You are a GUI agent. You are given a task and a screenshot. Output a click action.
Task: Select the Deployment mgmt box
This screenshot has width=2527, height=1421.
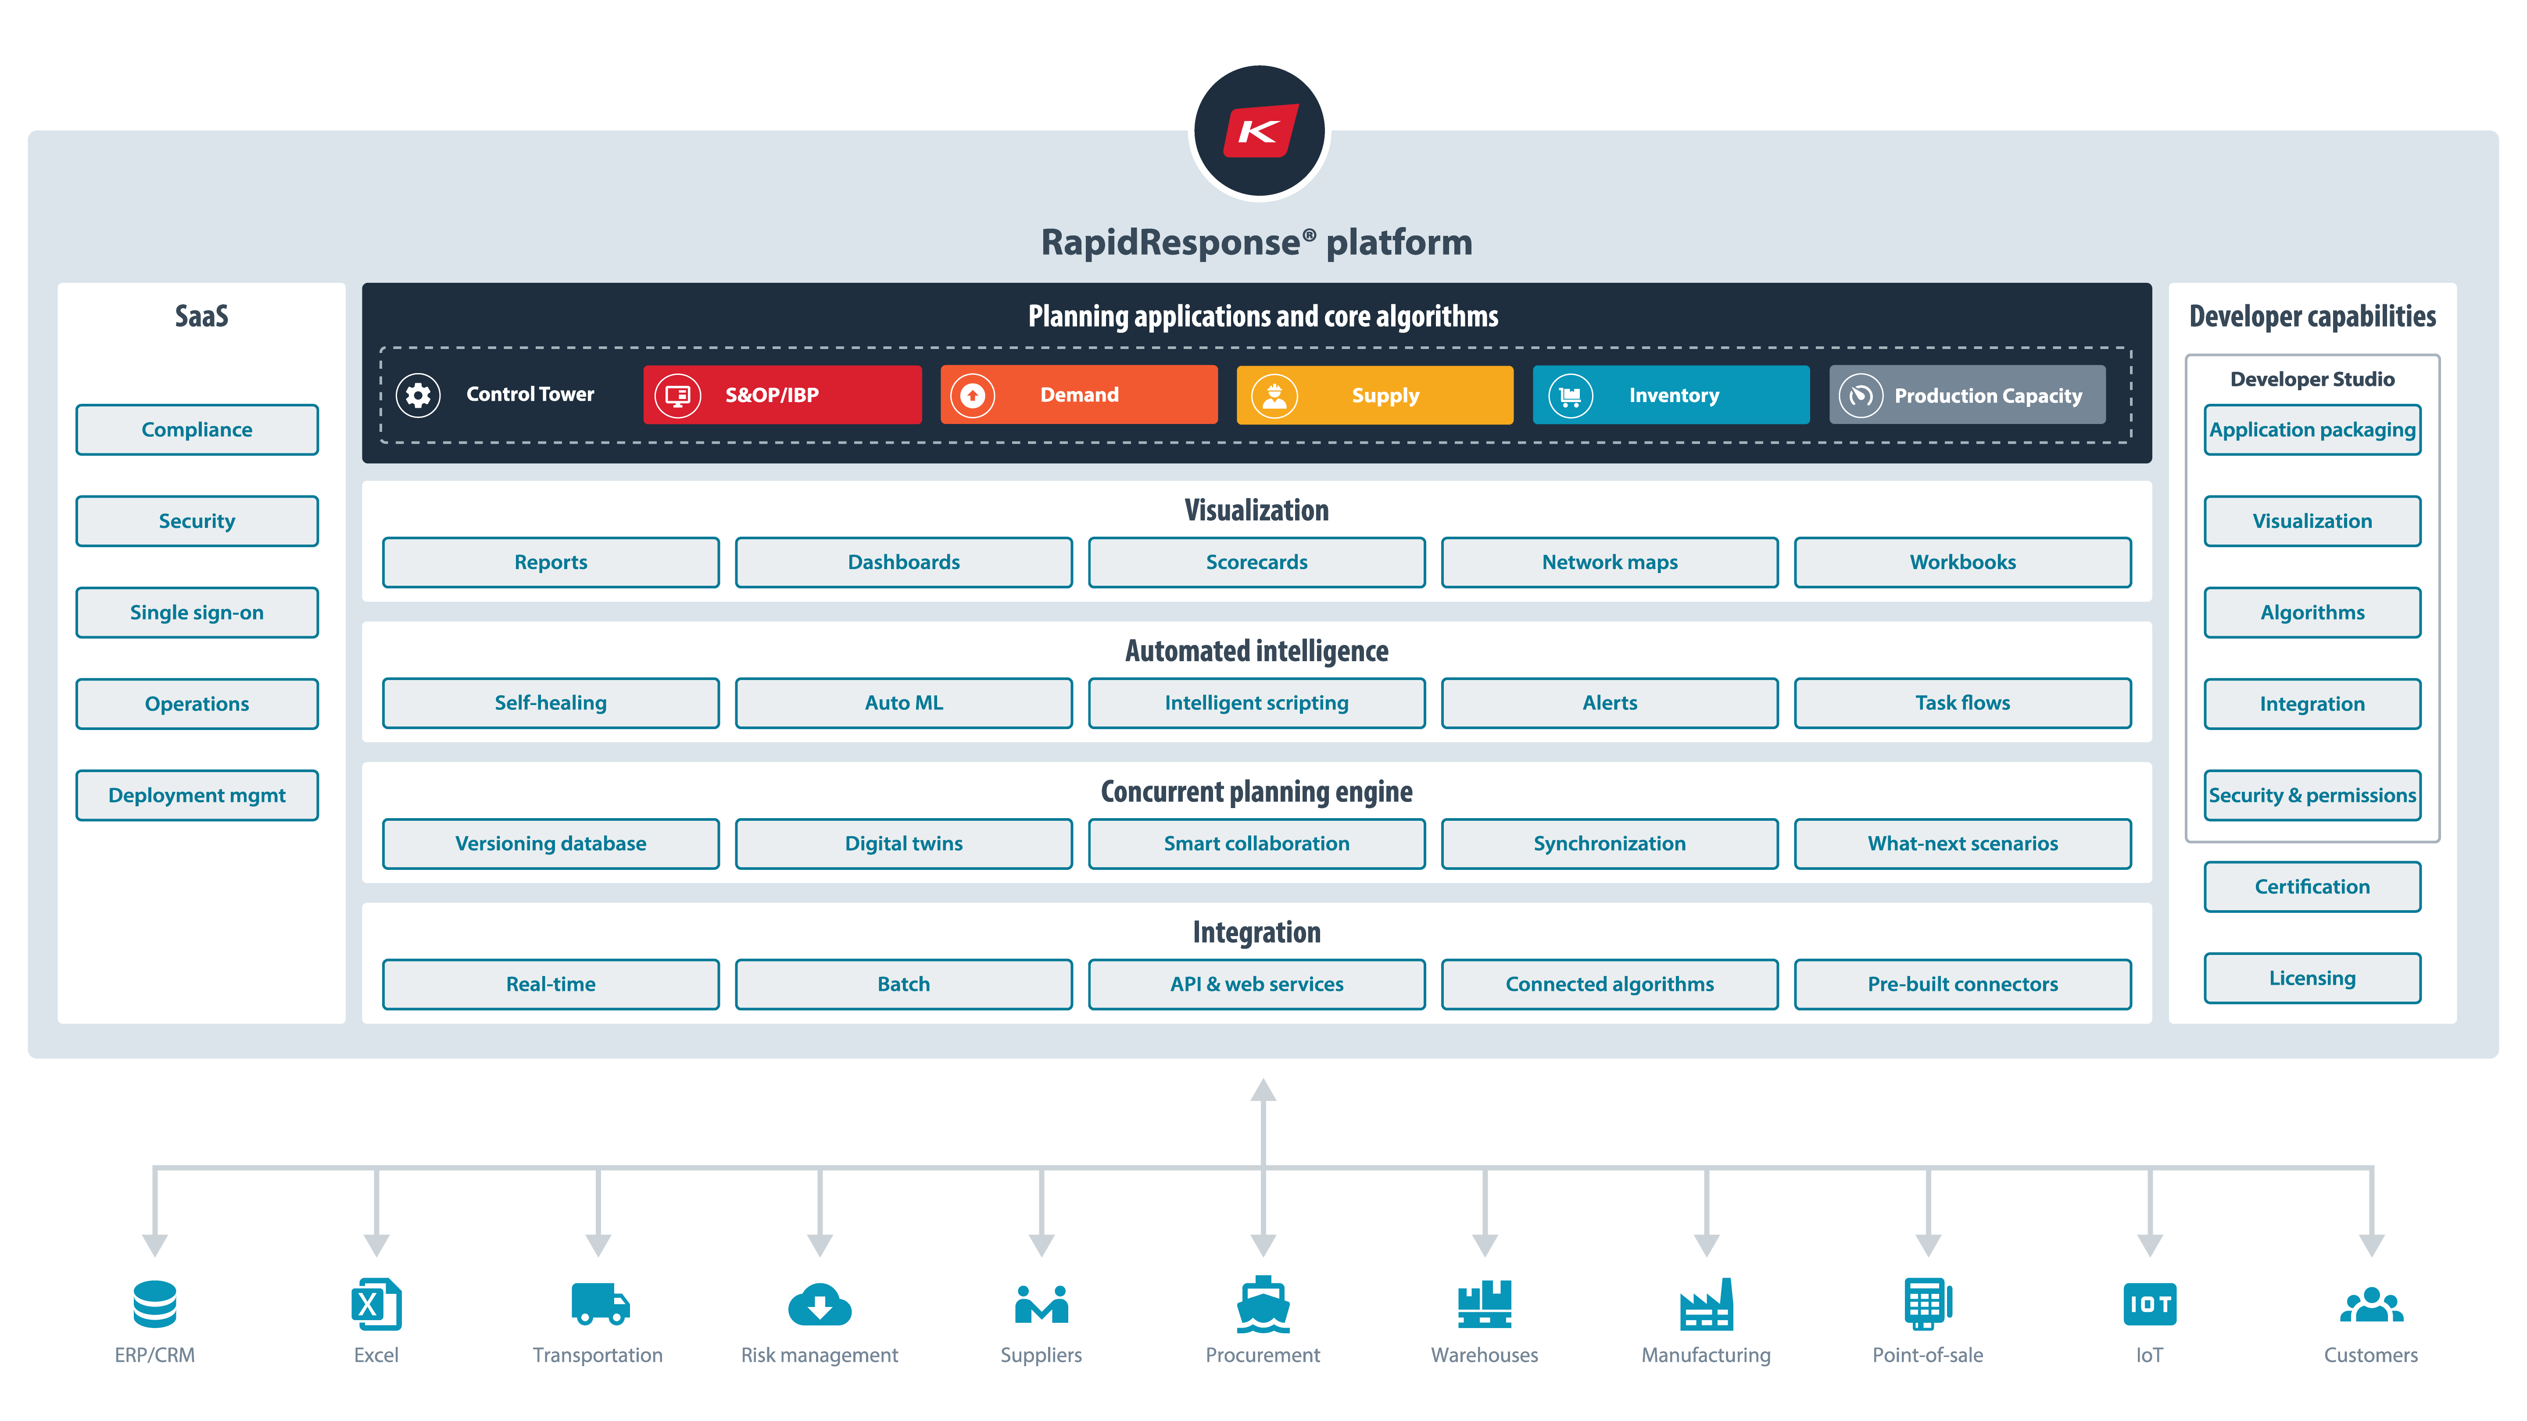(x=197, y=795)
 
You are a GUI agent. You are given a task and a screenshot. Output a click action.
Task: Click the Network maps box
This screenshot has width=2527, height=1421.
(x=1609, y=562)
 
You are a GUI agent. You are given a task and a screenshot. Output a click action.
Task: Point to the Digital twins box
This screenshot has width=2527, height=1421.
(x=903, y=844)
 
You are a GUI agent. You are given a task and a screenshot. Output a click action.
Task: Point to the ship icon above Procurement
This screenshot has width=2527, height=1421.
(x=1263, y=1304)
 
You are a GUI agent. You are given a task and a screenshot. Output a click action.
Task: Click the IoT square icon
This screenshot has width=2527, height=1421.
(x=2149, y=1304)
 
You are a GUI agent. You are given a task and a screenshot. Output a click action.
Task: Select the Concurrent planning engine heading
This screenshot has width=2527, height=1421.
(x=1256, y=791)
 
